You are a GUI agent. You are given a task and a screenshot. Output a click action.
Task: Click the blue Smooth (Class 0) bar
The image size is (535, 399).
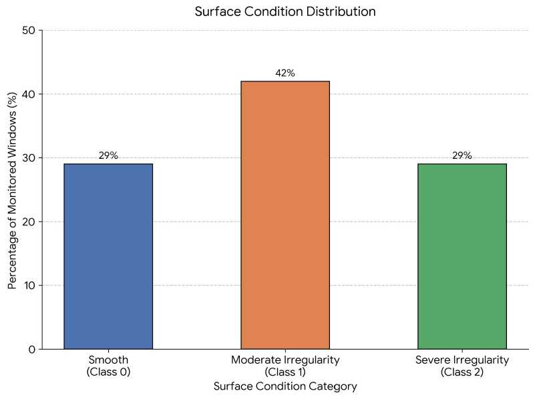point(108,256)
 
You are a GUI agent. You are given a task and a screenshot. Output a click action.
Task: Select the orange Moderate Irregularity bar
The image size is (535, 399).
point(285,215)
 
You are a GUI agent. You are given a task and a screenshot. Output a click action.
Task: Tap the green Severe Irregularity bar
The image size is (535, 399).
point(462,256)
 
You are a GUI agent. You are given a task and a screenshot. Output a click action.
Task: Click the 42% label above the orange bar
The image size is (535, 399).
point(285,73)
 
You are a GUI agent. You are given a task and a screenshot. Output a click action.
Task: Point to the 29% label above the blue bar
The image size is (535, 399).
point(108,155)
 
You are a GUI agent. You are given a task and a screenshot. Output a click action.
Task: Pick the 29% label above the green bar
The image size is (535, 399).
point(462,155)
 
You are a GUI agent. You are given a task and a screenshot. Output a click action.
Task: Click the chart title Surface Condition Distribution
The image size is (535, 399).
point(285,12)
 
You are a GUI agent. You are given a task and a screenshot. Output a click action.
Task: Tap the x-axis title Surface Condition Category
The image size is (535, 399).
point(285,386)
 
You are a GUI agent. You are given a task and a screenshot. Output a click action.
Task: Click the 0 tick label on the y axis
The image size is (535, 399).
point(31,349)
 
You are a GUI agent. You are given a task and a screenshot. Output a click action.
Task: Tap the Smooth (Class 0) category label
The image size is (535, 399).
point(108,366)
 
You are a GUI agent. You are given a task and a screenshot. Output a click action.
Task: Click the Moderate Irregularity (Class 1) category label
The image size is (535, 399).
point(285,366)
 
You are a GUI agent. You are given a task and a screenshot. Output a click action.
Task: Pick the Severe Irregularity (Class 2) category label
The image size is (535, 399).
point(462,366)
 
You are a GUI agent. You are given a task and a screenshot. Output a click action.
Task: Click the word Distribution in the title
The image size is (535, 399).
point(343,12)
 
